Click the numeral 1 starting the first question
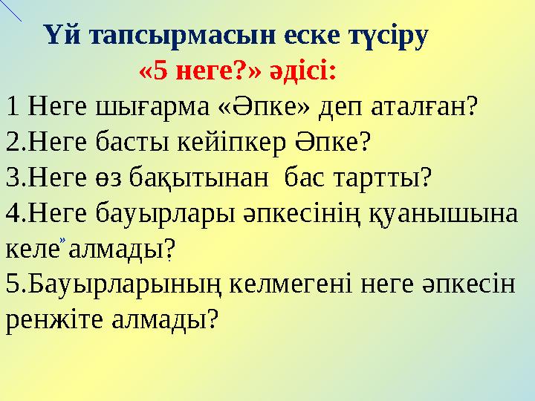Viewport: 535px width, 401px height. pos(11,109)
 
